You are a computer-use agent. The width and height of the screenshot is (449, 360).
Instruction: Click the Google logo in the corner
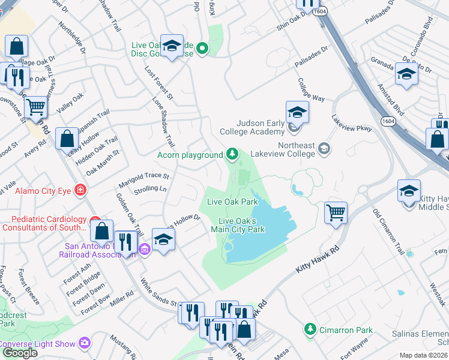pyautogui.click(x=19, y=353)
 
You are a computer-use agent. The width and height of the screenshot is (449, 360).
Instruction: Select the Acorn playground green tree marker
pyautogui.click(x=231, y=155)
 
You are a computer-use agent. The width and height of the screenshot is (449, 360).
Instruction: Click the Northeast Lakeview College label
pyautogui.click(x=296, y=150)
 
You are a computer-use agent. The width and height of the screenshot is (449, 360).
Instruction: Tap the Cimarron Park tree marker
pyautogui.click(x=310, y=329)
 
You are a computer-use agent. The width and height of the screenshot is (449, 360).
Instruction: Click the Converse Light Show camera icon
pyautogui.click(x=85, y=343)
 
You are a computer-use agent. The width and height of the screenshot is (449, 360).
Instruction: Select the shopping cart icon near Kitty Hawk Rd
pyautogui.click(x=336, y=212)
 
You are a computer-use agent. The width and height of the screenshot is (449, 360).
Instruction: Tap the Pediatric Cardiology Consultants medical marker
pyautogui.click(x=95, y=223)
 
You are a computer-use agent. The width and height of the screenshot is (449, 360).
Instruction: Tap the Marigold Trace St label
pyautogui.click(x=144, y=176)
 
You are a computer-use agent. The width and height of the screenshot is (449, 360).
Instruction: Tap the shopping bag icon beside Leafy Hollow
pyautogui.click(x=67, y=139)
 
